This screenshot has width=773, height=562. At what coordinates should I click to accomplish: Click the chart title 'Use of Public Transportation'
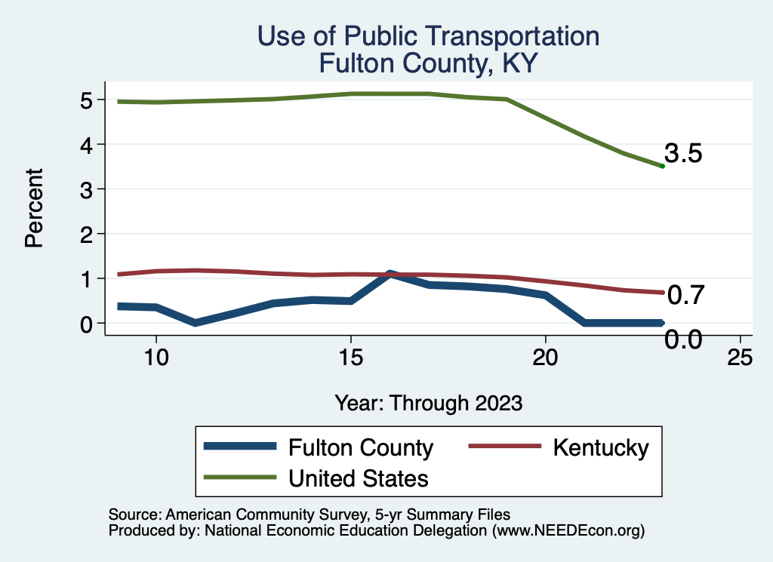click(x=428, y=35)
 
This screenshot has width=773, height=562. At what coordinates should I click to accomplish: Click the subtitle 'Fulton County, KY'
click(x=428, y=63)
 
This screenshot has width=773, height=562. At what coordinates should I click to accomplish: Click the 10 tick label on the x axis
click(x=156, y=358)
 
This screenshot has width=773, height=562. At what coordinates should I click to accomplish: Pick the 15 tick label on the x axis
click(x=350, y=358)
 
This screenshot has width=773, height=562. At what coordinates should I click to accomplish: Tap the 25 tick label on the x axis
click(x=740, y=358)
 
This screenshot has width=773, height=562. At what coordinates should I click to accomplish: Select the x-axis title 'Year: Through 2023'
click(x=428, y=404)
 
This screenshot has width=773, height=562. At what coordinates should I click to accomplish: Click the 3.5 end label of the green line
click(x=684, y=154)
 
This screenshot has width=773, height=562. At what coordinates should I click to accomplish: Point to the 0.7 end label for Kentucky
click(x=685, y=295)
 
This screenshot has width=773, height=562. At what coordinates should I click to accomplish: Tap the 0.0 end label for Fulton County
click(x=683, y=339)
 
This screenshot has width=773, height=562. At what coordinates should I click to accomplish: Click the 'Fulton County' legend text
click(x=361, y=447)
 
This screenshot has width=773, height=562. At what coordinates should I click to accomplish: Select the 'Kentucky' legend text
click(x=600, y=447)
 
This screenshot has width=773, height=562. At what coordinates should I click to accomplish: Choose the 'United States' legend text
click(x=359, y=478)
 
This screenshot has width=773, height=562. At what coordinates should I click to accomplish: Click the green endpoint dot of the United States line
click(x=662, y=166)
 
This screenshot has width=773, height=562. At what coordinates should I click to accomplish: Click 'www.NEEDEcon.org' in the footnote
click(x=568, y=531)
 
